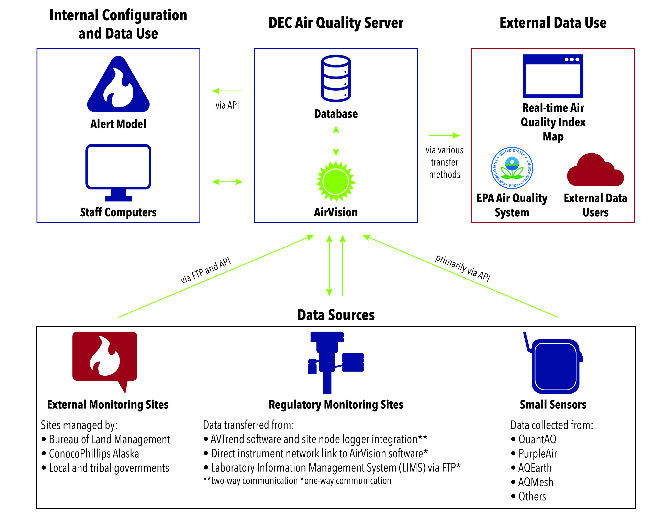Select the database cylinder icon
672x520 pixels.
(336, 79)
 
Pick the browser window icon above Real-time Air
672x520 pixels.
(553, 76)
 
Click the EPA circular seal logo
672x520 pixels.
(512, 168)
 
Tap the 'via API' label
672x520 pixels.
(227, 105)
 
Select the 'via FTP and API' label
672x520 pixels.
(205, 270)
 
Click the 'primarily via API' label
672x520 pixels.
(462, 267)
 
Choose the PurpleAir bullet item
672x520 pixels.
(537, 454)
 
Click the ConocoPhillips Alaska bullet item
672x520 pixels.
(94, 454)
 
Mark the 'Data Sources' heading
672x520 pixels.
(336, 315)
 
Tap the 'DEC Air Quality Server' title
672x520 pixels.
(336, 23)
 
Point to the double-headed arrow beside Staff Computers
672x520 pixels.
(227, 182)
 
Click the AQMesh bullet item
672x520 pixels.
(535, 482)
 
